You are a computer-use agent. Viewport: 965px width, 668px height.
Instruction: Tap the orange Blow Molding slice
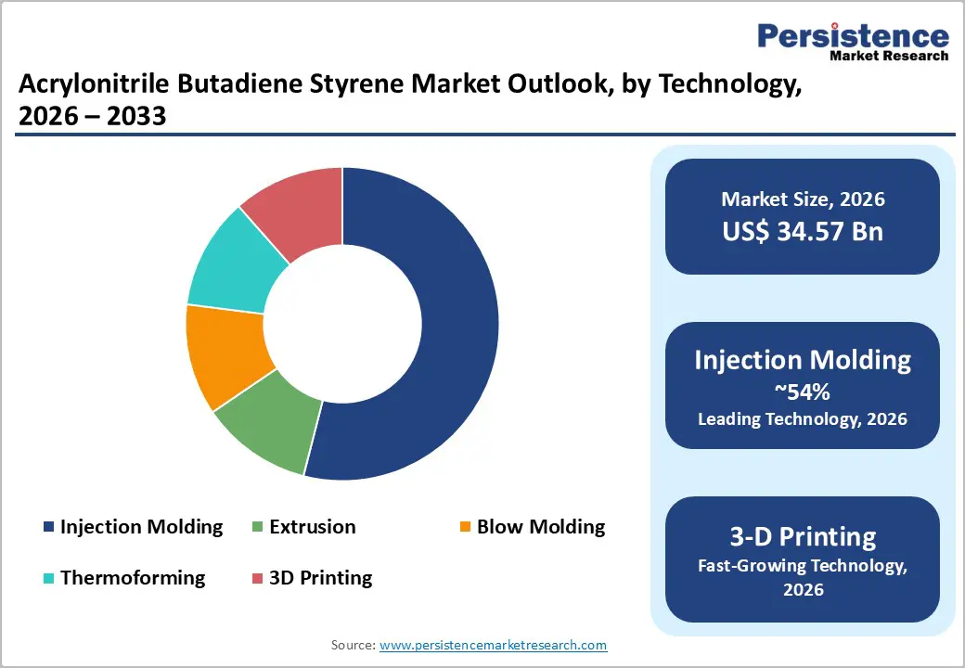tap(227, 353)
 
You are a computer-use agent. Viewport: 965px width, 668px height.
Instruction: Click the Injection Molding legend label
tap(141, 527)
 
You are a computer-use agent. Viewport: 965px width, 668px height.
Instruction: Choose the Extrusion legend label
tap(312, 527)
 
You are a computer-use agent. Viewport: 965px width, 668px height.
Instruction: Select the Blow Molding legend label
tap(540, 527)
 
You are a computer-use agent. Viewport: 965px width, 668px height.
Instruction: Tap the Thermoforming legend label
tap(133, 577)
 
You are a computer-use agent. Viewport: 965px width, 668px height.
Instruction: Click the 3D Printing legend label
tap(320, 577)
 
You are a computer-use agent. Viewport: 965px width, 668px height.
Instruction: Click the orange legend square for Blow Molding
tap(465, 528)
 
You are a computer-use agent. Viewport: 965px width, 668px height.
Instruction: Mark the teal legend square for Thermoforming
tap(48, 578)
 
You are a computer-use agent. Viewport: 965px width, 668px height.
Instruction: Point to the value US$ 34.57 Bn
tap(803, 231)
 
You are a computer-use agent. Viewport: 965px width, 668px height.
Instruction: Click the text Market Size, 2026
tap(803, 199)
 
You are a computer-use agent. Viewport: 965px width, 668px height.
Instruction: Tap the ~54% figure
tap(803, 391)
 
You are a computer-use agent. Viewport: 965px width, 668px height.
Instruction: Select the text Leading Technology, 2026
tap(803, 418)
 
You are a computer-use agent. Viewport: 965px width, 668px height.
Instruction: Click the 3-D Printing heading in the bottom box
tap(803, 536)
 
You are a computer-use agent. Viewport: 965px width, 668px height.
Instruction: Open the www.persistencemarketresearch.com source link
tap(494, 644)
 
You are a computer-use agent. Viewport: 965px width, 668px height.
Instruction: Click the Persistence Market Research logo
tap(853, 42)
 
